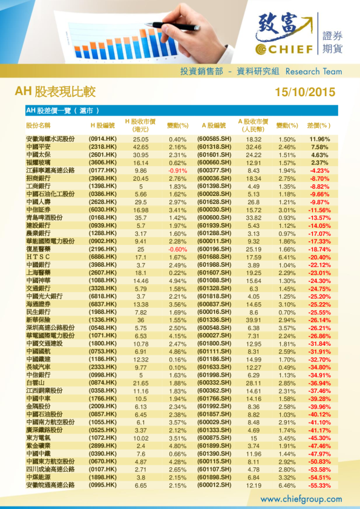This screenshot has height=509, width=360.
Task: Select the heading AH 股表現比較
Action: (55, 92)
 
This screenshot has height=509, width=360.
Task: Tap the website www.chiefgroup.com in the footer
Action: (301, 499)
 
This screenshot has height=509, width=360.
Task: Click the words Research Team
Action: (313, 71)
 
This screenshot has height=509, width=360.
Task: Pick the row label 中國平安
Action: (39, 147)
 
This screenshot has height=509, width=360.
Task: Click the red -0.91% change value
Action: (177, 170)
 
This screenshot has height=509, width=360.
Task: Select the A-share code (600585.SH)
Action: (215, 139)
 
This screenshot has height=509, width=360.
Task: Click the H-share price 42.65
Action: (141, 147)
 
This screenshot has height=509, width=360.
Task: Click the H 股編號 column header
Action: (102, 125)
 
